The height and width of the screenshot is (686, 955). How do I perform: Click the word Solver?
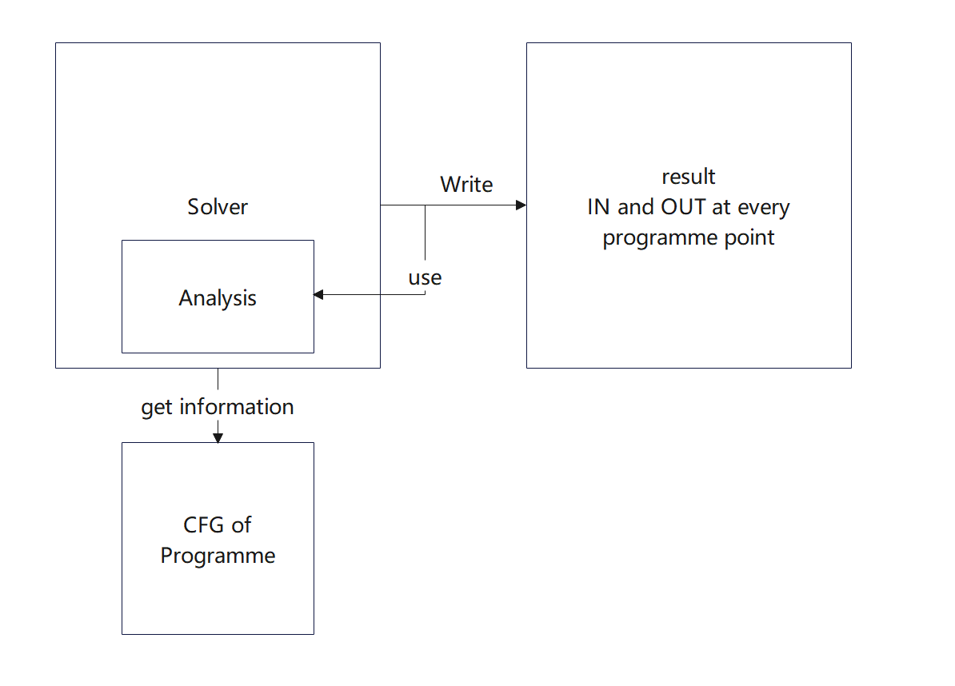pos(218,207)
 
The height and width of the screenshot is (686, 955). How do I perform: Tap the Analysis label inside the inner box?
pos(218,298)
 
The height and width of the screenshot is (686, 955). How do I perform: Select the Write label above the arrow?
pos(466,185)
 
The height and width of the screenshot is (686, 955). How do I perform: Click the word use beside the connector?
pos(425,278)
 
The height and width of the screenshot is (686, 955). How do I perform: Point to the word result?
pos(688,177)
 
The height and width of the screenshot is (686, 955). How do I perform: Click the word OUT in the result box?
pos(683,207)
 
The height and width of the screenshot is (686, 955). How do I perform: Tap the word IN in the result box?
pos(599,207)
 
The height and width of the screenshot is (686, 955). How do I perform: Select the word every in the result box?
pos(764,208)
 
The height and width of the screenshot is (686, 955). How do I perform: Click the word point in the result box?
pos(749,237)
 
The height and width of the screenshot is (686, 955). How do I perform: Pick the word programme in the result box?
pos(660,238)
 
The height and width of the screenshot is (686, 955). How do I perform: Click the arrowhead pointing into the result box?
pos(521,205)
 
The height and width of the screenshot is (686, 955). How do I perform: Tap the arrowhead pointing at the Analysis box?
pos(318,294)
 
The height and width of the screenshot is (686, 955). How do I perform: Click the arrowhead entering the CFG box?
pos(218,437)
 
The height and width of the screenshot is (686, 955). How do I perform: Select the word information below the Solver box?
pos(236,407)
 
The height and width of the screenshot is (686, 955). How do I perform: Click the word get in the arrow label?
pos(157,409)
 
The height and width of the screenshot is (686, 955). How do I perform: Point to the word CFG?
pos(204,524)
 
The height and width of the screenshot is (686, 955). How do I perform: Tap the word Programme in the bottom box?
pos(218,556)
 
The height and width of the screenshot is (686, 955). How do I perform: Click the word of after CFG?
pos(242,524)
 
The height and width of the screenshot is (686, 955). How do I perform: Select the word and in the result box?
pos(635,207)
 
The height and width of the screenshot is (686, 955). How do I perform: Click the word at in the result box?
pos(721,208)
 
